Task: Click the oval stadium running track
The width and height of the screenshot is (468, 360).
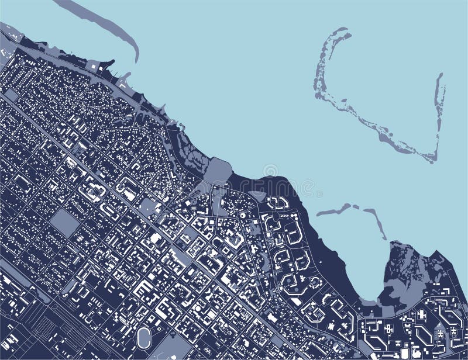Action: [143, 336]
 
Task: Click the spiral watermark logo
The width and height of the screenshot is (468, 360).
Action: [270, 171]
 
